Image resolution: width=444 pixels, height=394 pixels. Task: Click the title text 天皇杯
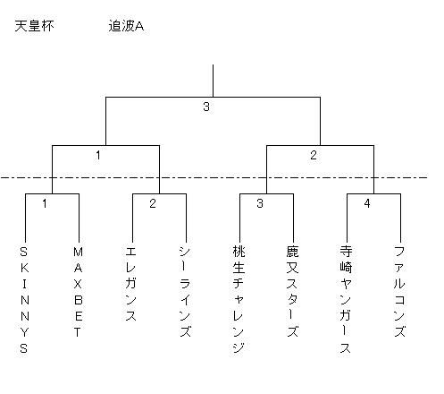coord(34,26)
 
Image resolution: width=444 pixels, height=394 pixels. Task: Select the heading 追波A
coord(126,26)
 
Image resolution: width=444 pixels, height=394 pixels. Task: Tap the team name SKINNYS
coord(24,300)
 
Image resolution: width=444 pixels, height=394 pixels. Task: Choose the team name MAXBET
coord(78,292)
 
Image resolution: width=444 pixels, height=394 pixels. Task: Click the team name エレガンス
coord(130,284)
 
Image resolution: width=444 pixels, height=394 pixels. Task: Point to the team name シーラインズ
coord(185,292)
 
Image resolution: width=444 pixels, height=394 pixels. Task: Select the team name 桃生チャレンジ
coord(239,300)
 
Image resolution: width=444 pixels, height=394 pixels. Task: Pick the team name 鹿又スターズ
coord(292,292)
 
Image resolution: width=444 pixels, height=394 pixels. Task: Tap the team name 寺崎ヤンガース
coord(346,300)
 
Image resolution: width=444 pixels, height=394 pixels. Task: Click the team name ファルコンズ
coord(399,292)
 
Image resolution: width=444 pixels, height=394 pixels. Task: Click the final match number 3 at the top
coord(206,107)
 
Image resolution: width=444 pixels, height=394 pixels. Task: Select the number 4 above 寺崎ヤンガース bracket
coord(367,203)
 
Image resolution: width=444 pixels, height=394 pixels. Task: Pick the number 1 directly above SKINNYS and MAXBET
coord(45,203)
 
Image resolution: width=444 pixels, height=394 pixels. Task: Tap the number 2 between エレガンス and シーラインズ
coord(153,203)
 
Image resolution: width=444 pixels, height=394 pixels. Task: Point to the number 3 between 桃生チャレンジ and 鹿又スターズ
coord(260,203)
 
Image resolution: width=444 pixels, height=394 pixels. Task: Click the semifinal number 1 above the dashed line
coord(98,155)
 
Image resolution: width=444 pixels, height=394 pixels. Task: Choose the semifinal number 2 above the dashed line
coord(314,155)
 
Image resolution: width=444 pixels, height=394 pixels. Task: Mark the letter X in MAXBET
coord(78,284)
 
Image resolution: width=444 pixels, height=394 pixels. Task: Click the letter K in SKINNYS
coord(25,268)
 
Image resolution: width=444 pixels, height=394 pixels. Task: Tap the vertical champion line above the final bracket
coord(213,81)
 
